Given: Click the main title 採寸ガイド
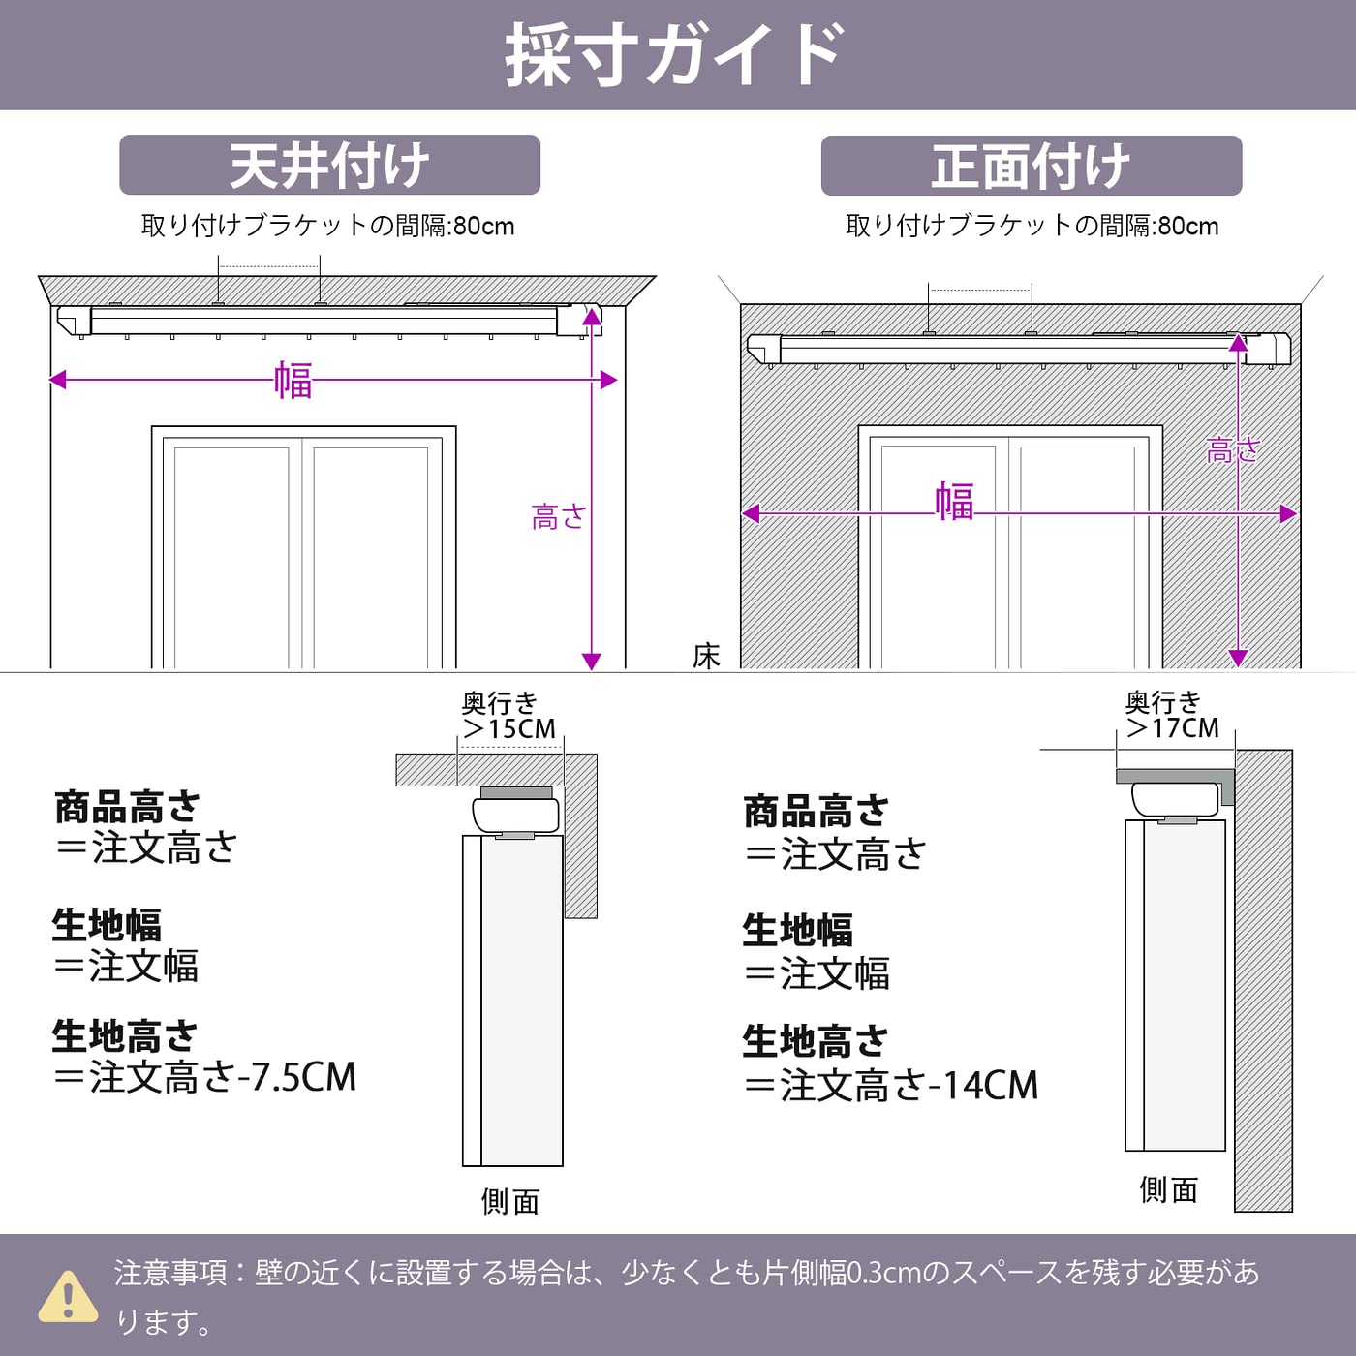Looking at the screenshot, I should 675,55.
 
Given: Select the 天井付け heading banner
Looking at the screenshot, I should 329,166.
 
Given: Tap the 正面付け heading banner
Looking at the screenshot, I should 1031,166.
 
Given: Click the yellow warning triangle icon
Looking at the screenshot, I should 68,1297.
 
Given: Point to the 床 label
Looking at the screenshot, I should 706,656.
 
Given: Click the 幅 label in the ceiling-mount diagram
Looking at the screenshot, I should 293,380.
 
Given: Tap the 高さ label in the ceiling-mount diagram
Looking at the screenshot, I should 558,517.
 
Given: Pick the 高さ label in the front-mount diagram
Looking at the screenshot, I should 1232,450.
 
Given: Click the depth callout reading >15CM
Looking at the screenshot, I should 509,728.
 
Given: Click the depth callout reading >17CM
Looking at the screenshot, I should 1173,727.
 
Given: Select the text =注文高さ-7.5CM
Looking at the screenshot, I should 205,1077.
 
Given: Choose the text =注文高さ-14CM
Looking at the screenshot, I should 891,1086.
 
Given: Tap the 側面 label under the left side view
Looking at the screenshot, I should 509,1202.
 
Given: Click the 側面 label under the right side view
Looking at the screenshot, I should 1168,1189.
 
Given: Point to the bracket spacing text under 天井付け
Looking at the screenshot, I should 327,226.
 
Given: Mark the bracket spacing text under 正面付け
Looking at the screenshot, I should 1032,226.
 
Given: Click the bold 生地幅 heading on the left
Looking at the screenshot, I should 107,925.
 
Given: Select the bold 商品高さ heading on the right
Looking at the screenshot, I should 816,812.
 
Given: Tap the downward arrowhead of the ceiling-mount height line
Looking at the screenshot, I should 592,662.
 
